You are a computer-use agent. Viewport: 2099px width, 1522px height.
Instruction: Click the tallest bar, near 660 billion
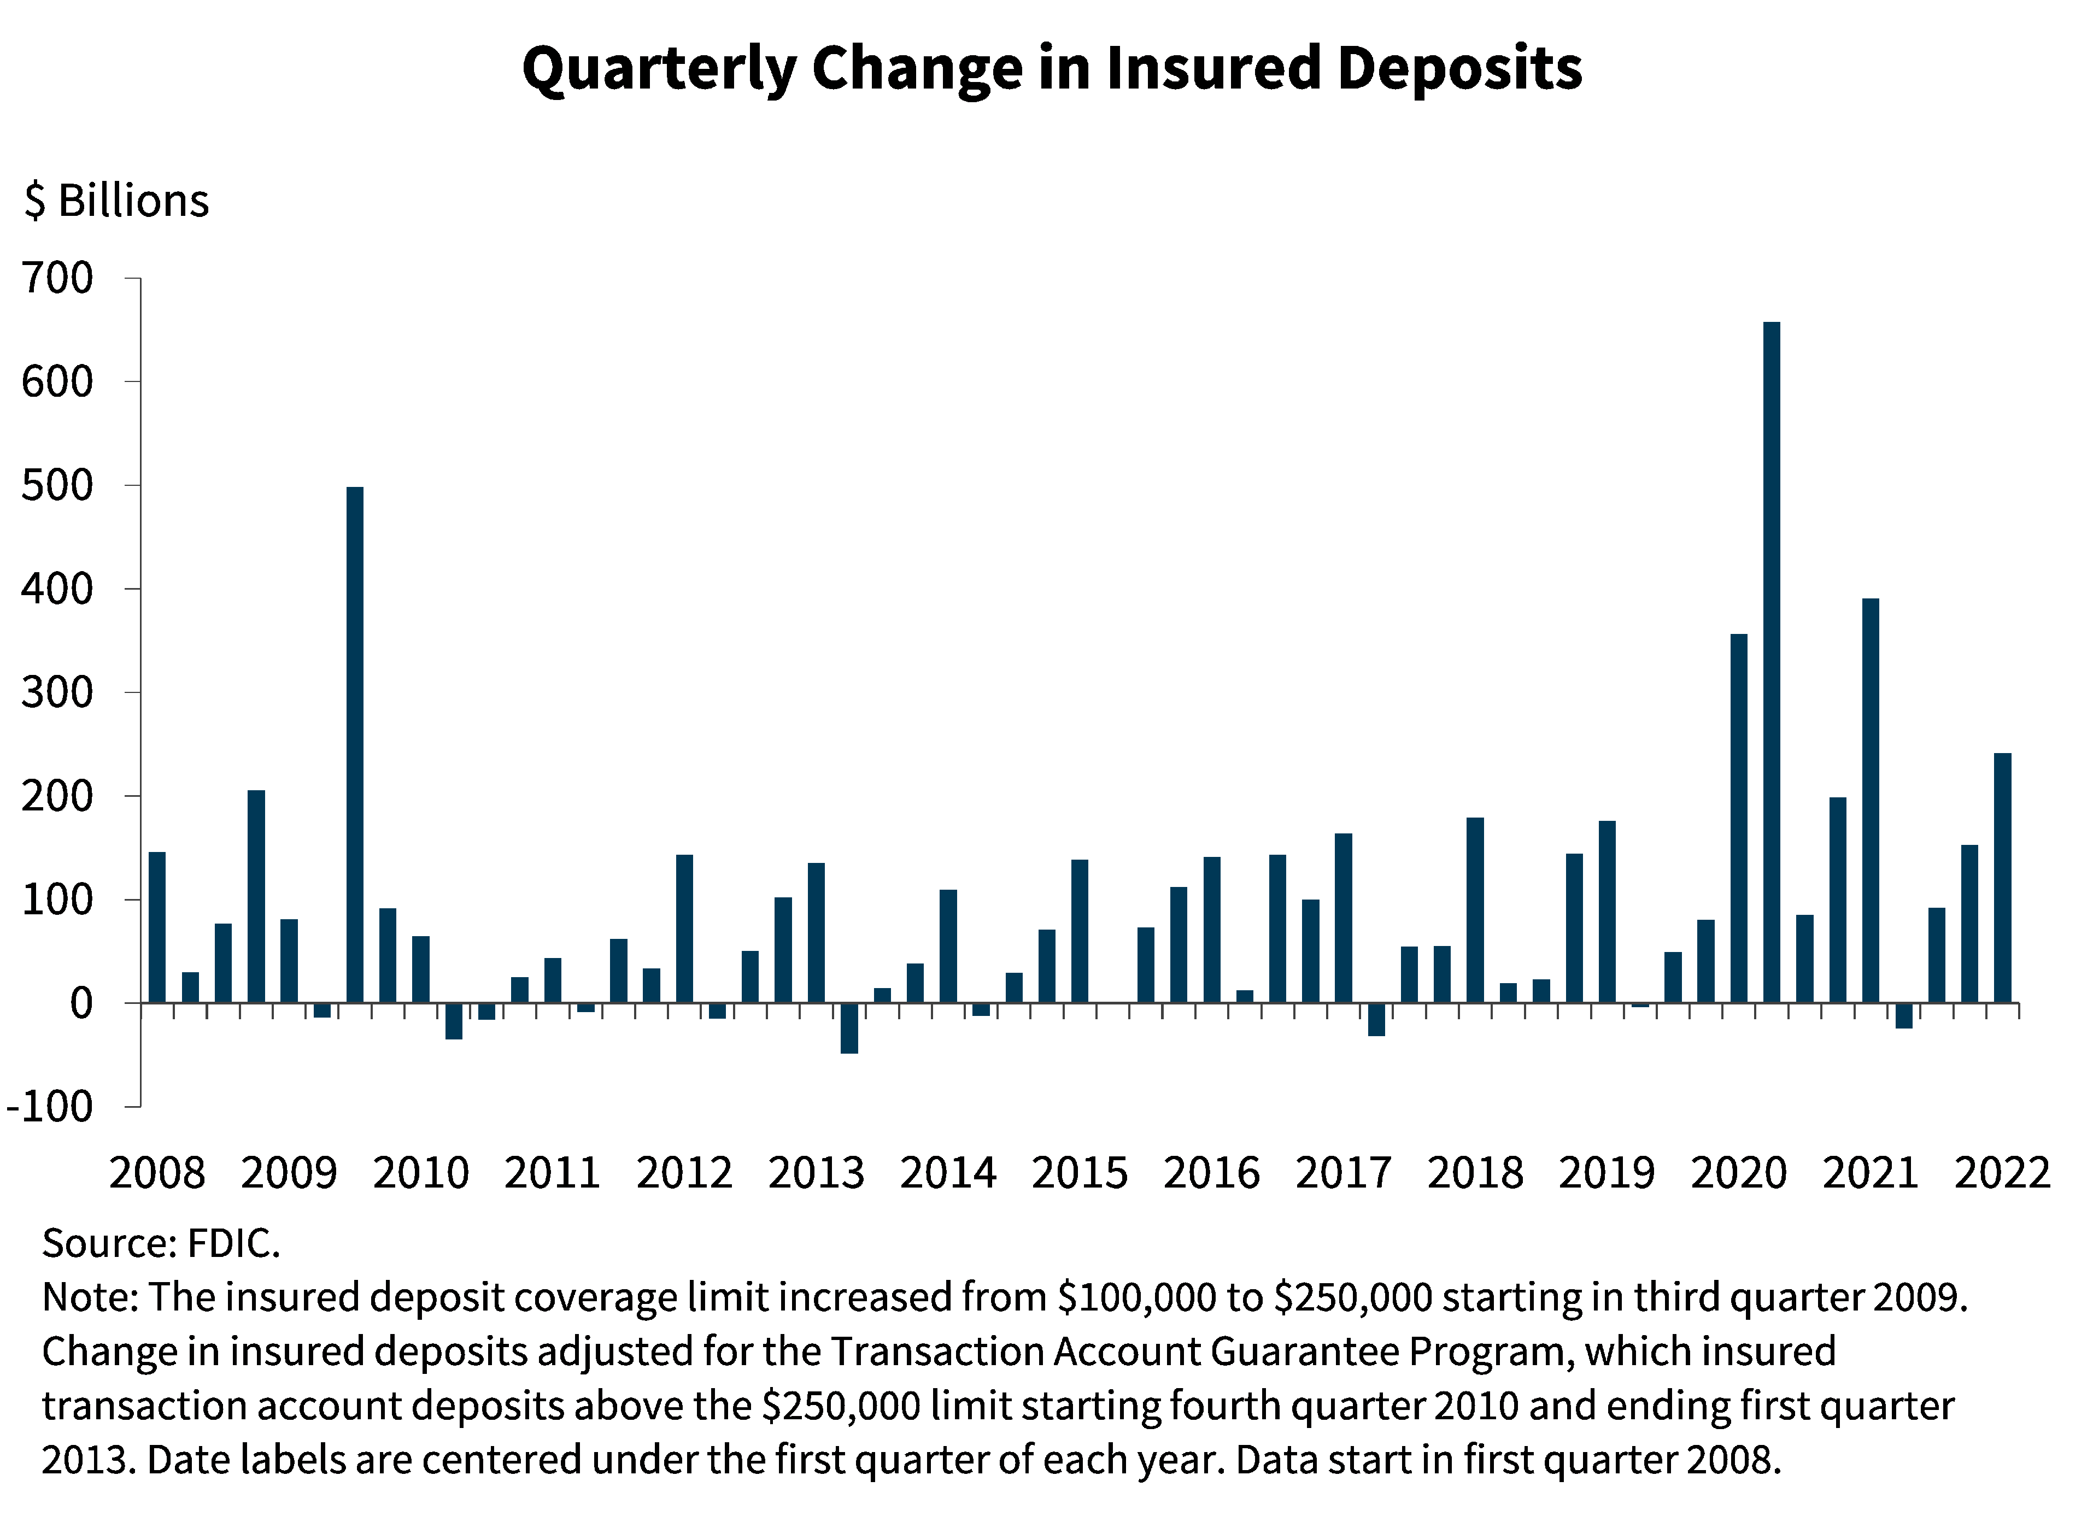(x=1772, y=662)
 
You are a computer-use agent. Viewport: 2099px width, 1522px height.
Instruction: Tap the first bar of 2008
(x=157, y=926)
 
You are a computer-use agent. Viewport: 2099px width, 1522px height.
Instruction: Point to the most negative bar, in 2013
(x=849, y=1027)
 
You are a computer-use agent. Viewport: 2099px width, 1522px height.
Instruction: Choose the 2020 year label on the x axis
(x=1739, y=1173)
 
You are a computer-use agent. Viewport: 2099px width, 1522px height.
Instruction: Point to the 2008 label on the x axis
(x=157, y=1173)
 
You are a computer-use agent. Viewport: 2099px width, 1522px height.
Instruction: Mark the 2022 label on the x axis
(x=2002, y=1173)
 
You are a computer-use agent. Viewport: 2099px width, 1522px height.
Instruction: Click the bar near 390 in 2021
(x=1871, y=800)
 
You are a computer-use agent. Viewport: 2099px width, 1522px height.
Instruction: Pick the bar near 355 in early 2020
(x=1739, y=818)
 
